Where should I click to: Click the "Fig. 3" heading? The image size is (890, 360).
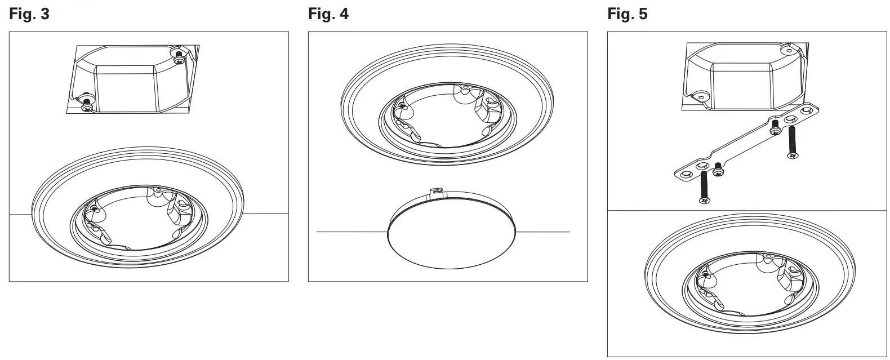coord(29,14)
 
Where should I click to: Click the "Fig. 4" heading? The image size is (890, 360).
coord(328,14)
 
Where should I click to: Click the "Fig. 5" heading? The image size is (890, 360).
coord(628,14)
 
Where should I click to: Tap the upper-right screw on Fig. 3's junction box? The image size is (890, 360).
coord(179,57)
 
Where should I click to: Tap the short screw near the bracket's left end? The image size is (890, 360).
coord(718,170)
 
